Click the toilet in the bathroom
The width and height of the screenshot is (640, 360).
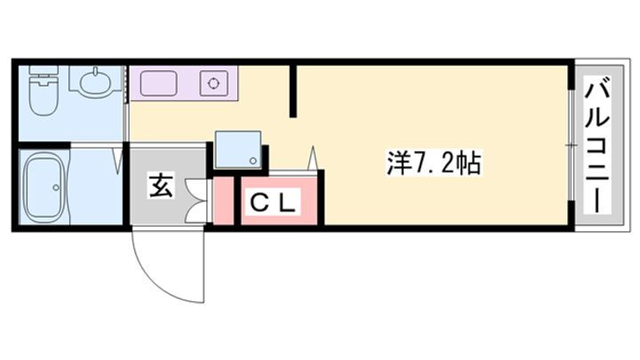click(x=44, y=90)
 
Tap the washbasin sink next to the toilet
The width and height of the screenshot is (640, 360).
click(x=95, y=84)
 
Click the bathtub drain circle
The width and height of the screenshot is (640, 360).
click(x=56, y=188)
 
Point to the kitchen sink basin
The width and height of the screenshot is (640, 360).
click(x=159, y=84)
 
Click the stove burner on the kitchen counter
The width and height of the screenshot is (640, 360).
click(x=213, y=84)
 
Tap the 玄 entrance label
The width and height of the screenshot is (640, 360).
click(x=161, y=185)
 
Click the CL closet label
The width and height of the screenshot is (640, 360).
click(x=272, y=202)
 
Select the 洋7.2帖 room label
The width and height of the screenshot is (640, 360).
click(x=435, y=163)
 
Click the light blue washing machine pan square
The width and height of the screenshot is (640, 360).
click(x=238, y=149)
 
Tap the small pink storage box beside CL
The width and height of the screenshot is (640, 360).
click(x=224, y=200)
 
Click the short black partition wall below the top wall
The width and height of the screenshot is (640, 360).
click(x=293, y=92)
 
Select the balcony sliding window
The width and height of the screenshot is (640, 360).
click(x=572, y=145)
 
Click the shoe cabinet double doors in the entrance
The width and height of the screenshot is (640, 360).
click(x=196, y=200)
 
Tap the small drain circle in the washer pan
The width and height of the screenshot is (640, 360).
click(x=254, y=161)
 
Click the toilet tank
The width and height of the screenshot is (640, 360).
click(x=44, y=71)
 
